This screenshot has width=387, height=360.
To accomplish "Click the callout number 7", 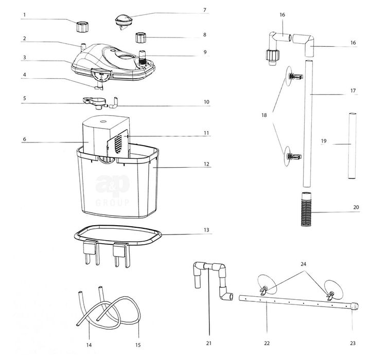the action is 205,10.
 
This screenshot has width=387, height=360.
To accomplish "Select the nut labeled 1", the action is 82,27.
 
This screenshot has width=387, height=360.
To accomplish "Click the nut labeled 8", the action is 140,37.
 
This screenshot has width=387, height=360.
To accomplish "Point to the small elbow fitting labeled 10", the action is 114,103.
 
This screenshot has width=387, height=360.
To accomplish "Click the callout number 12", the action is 206,164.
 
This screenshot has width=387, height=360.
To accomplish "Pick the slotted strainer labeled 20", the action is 306,209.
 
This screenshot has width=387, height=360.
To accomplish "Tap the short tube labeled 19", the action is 352,146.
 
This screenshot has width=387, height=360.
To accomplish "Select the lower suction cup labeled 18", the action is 292,156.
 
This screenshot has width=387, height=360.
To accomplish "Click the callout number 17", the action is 353,91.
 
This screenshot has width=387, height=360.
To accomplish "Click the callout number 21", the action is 209,343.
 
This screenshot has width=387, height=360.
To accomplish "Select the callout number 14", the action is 89,345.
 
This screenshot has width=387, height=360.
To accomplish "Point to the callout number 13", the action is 206,230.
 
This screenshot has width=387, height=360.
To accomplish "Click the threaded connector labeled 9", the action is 142,58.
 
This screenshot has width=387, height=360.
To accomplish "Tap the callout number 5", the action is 24,98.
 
